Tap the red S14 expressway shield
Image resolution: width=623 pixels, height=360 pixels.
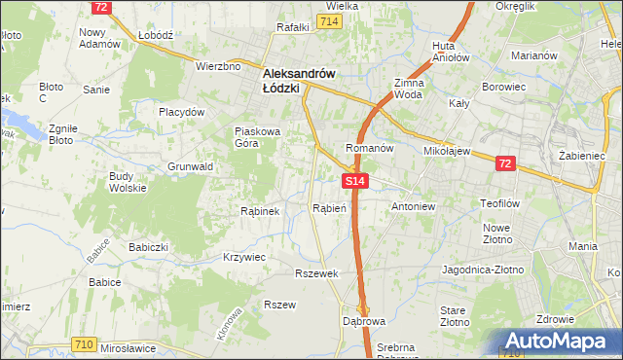point(354,181)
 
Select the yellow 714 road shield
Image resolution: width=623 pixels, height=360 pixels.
point(329,21)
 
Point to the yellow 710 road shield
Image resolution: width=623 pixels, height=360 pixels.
point(83,343)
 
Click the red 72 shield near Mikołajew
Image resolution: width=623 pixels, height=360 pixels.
point(504,164)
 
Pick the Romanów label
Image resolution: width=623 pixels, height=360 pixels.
point(369,149)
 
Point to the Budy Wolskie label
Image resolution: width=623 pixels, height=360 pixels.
point(128,182)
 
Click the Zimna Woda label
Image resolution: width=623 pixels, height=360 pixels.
point(408,90)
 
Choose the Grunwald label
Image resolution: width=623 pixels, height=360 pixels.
point(190,166)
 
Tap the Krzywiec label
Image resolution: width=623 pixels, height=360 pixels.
point(244,257)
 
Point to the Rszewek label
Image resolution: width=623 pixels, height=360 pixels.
point(317,273)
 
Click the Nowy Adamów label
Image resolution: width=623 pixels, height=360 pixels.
point(98,37)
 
